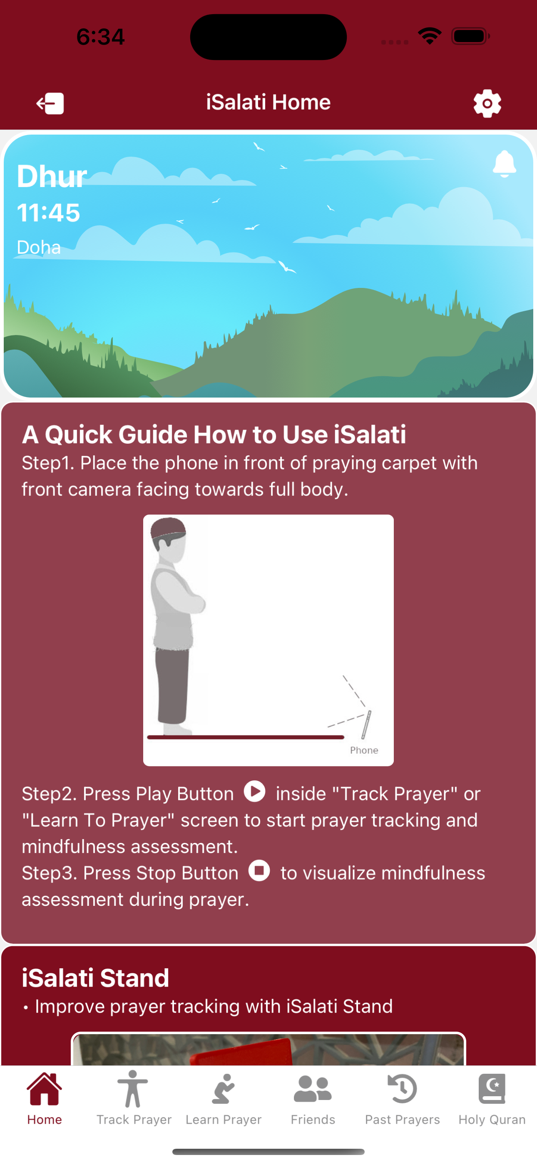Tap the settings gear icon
(487, 103)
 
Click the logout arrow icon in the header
(50, 103)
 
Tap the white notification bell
(505, 163)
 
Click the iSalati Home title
(268, 102)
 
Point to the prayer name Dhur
(52, 176)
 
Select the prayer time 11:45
(48, 212)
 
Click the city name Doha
(39, 247)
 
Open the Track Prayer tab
(134, 1097)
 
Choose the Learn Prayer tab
(223, 1097)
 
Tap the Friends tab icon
(313, 1089)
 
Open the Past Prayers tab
(402, 1097)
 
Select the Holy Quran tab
(492, 1097)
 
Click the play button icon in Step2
(254, 791)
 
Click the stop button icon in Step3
(259, 870)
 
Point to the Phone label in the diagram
(364, 750)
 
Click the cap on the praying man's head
(168, 528)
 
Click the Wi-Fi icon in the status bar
(430, 36)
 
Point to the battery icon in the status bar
(470, 36)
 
